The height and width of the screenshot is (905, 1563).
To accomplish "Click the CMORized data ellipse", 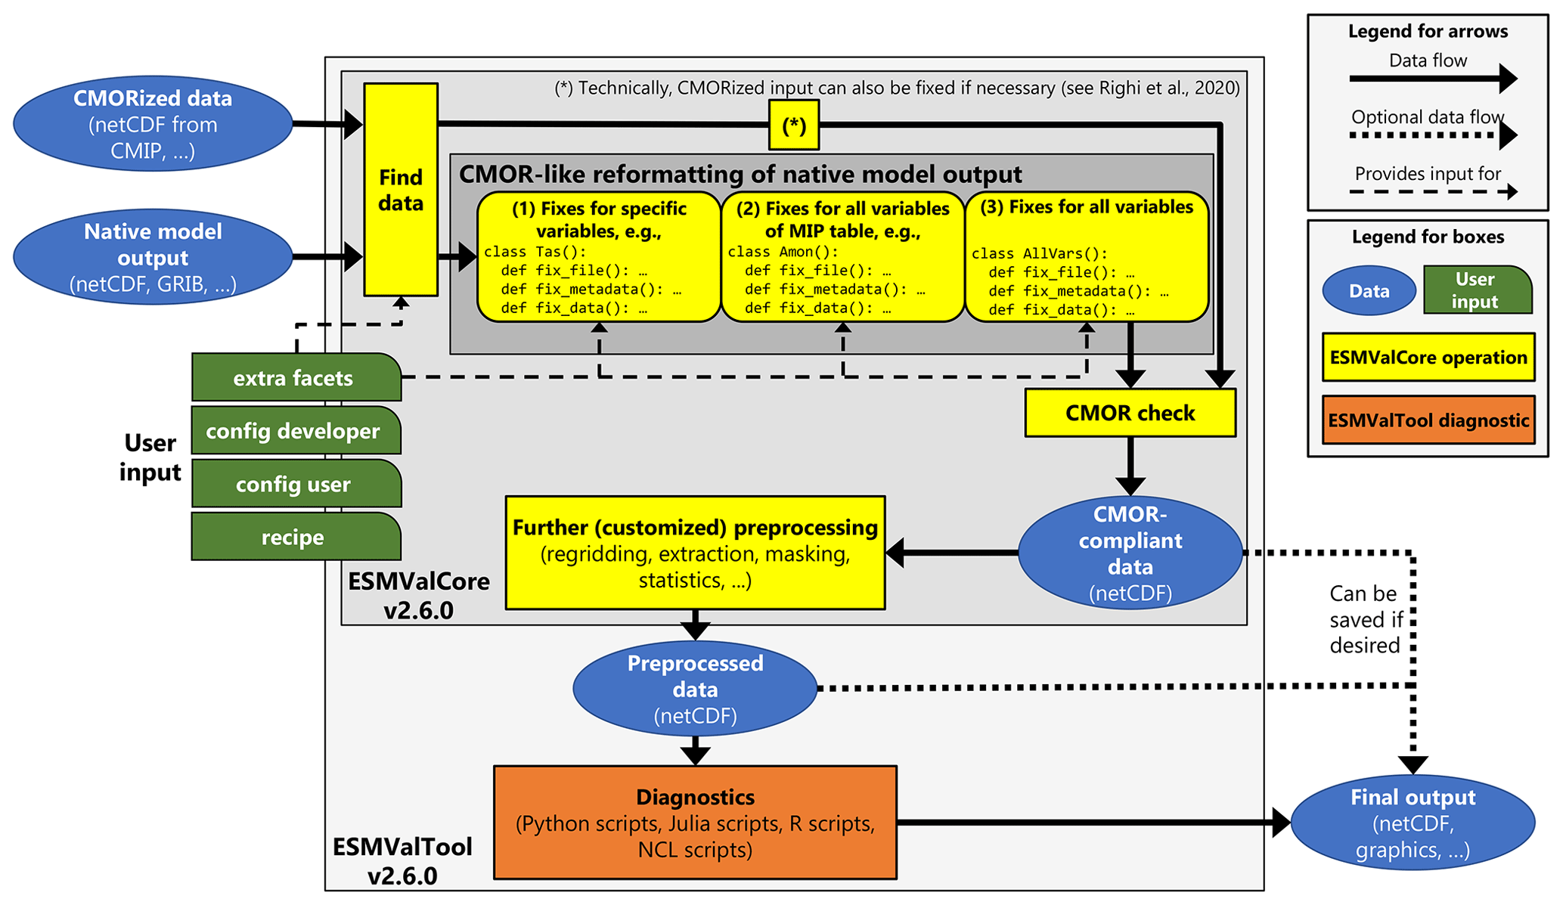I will click(153, 124).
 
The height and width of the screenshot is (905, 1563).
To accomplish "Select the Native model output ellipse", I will click(153, 257).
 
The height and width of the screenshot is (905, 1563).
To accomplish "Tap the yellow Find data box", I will click(401, 190).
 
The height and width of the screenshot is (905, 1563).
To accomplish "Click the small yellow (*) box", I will click(793, 126).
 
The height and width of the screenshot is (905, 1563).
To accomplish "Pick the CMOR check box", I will click(1130, 413).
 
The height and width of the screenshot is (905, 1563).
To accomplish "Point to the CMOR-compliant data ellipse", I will click(1130, 553).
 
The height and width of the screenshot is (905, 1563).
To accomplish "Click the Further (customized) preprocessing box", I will click(695, 553).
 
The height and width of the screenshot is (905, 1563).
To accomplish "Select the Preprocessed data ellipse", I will click(695, 689).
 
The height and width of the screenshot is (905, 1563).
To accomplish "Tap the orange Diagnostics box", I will click(695, 823).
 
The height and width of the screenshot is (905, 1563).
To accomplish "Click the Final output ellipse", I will click(1413, 823).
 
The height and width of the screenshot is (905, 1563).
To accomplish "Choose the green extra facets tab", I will click(295, 377).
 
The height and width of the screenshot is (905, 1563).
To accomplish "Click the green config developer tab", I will click(295, 431).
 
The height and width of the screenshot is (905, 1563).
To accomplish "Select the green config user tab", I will click(295, 484).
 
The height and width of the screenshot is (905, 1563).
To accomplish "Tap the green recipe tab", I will click(295, 537).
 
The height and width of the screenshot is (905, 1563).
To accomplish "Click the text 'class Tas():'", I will click(535, 252).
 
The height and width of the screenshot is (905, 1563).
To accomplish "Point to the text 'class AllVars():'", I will click(1039, 254).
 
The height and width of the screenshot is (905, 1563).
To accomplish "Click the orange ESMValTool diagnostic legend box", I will click(1428, 420).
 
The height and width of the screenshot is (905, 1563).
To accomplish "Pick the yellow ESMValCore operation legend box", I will click(1428, 358).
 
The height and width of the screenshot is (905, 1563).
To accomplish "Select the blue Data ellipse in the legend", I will click(1369, 291).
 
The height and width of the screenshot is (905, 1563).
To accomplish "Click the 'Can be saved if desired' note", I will click(1365, 619).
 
